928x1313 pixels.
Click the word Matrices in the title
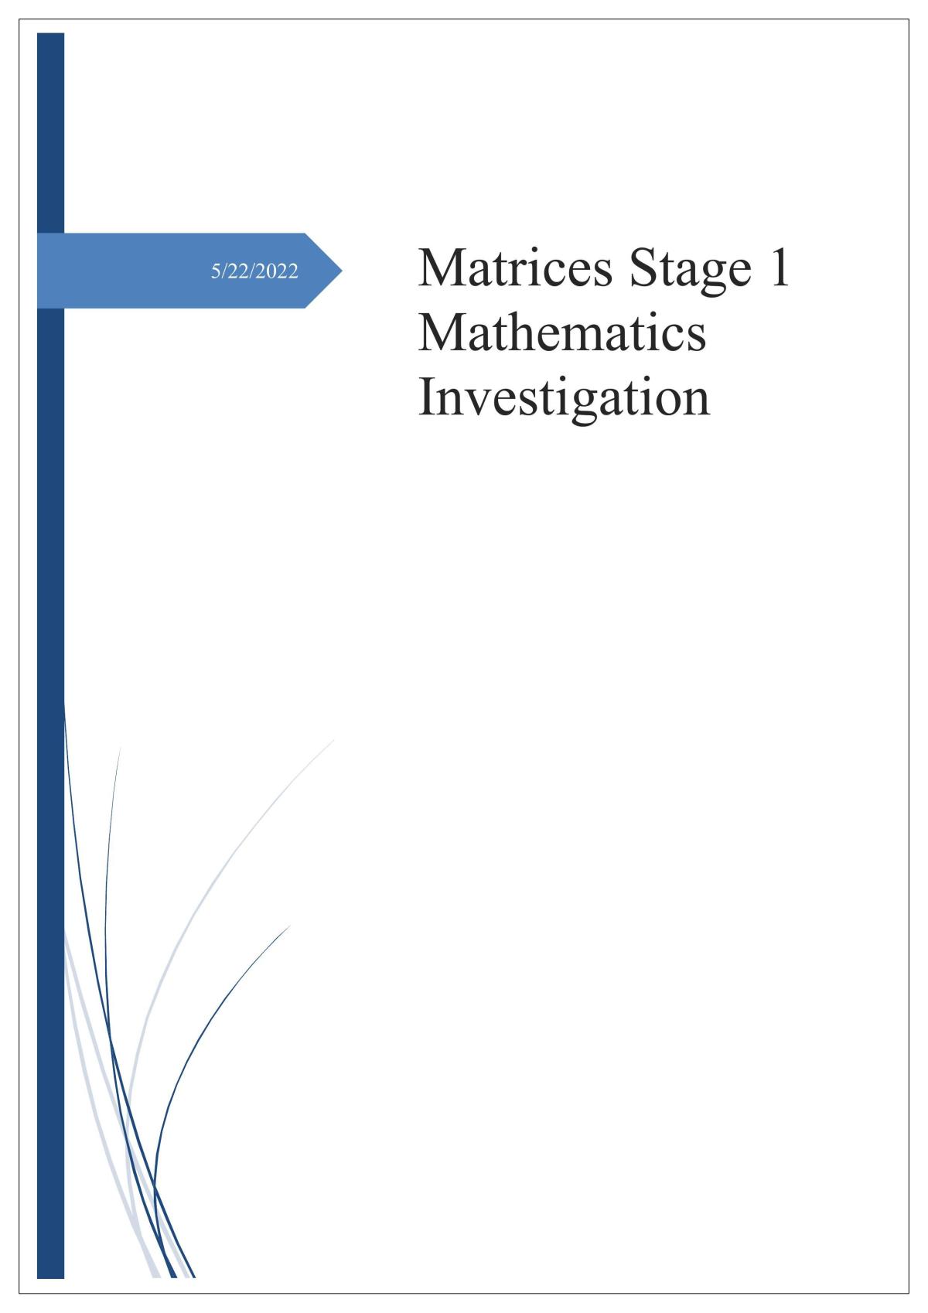click(515, 268)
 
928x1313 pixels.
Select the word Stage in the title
click(691, 271)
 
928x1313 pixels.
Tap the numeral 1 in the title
click(780, 268)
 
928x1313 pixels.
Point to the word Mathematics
click(562, 332)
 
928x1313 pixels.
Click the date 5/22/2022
click(254, 271)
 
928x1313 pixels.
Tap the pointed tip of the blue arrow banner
click(342, 271)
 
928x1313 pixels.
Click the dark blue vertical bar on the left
click(50, 655)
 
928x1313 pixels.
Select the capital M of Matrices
click(440, 268)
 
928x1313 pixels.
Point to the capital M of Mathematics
click(440, 332)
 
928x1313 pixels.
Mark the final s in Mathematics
click(697, 338)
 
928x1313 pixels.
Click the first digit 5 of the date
click(216, 271)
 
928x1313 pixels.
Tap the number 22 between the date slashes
click(237, 271)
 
